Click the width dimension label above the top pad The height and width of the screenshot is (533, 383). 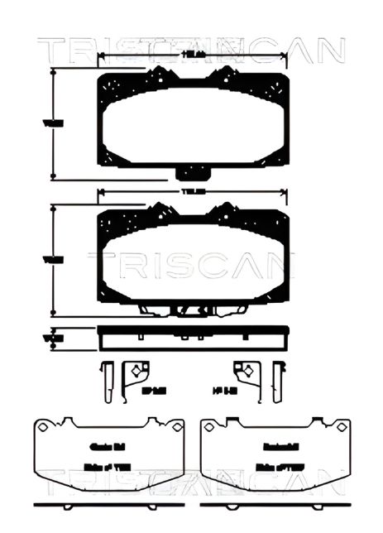tap(194, 54)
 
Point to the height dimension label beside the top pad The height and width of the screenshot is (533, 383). tap(54, 123)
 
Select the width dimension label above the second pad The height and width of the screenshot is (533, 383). tap(194, 192)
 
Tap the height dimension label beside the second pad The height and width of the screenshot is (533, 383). tap(54, 260)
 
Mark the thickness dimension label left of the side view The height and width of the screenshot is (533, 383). tap(54, 338)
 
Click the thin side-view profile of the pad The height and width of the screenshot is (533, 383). tap(194, 338)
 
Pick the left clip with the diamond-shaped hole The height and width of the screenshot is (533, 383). tap(135, 374)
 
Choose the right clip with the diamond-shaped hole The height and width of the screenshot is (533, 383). tap(244, 374)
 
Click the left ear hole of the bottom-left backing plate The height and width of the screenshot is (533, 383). tap(41, 428)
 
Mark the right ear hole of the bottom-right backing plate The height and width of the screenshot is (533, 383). tap(341, 428)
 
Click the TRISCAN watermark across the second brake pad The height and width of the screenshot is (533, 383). tap(191, 265)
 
